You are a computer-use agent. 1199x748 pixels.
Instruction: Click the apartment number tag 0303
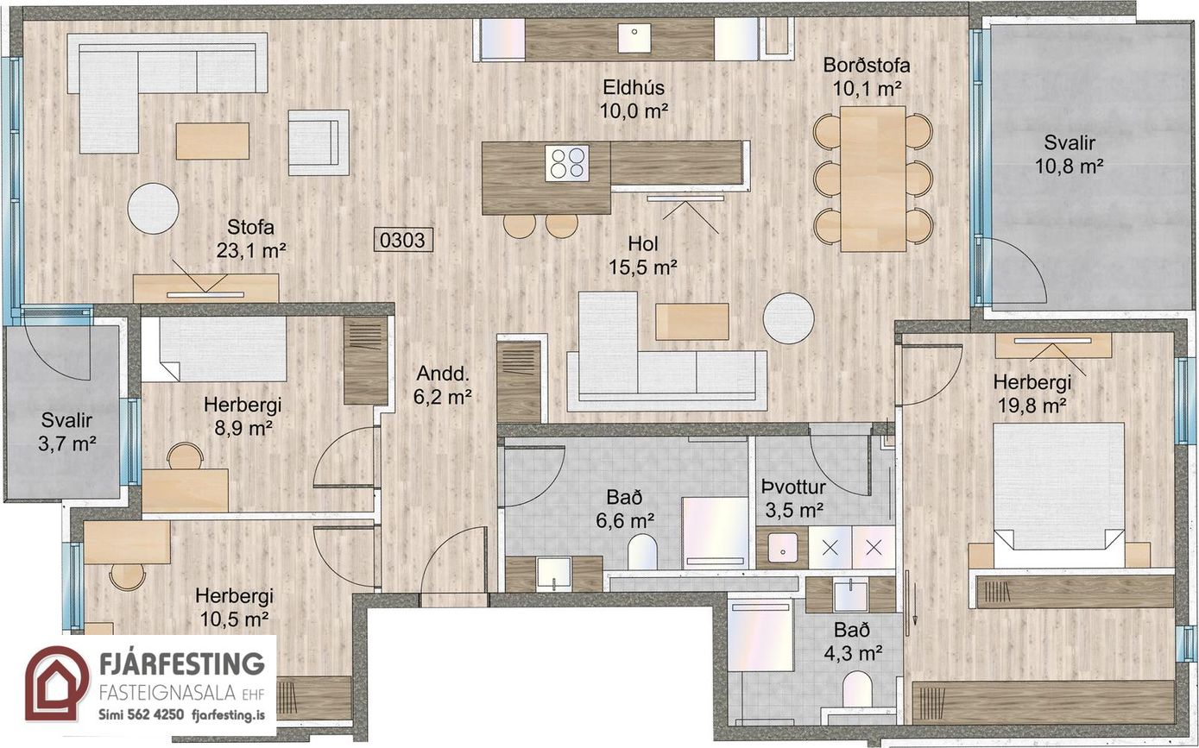tap(402, 240)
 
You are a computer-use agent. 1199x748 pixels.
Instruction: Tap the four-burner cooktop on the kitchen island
tap(567, 163)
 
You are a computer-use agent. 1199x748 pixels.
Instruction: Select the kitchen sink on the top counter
tap(634, 38)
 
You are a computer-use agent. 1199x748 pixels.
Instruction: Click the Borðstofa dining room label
tap(867, 66)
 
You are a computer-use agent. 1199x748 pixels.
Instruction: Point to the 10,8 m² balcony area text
tap(1069, 167)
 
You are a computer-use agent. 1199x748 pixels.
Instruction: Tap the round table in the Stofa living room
tap(153, 208)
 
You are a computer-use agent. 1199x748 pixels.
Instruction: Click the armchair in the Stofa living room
tap(319, 143)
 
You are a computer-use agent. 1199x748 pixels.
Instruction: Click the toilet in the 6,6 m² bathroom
tap(642, 553)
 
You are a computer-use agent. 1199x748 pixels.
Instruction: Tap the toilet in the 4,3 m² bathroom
tap(857, 690)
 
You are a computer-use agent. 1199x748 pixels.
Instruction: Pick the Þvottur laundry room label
tap(794, 487)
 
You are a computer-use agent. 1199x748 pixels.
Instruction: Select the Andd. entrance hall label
tap(443, 374)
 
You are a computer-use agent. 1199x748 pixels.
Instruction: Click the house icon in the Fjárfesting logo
tap(57, 684)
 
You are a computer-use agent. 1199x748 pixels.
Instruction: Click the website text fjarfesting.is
tap(228, 715)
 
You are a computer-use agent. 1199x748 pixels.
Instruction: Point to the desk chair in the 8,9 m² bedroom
tap(186, 456)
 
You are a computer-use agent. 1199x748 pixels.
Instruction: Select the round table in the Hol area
tap(788, 318)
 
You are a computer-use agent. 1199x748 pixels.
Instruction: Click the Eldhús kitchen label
tap(634, 87)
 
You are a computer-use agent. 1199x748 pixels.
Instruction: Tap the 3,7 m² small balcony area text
tap(67, 443)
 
